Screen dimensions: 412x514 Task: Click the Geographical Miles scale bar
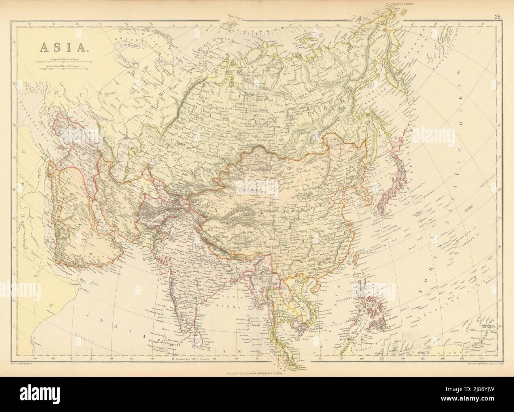64,62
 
